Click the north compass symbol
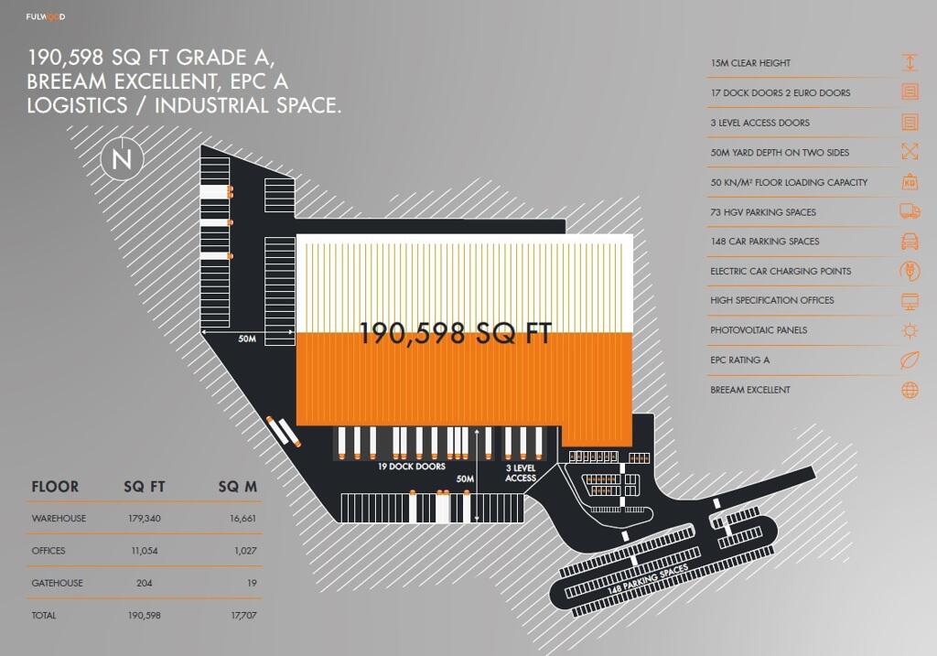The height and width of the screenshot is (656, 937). pos(122,158)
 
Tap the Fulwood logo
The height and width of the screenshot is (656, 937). pos(46,16)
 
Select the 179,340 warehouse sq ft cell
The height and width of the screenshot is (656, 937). pos(144,518)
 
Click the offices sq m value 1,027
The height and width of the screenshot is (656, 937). pos(245,550)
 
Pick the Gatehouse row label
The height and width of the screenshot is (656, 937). pos(58,583)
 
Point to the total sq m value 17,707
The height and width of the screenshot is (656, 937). pos(243,615)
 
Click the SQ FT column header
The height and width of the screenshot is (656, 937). pos(144,487)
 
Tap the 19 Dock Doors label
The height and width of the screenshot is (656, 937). pos(412,466)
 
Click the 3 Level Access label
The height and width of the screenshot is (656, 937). pos(521,473)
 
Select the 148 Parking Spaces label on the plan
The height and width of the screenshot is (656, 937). pos(649,578)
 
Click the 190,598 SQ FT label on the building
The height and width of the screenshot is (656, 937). pos(456,333)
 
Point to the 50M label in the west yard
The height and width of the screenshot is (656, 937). pos(247,339)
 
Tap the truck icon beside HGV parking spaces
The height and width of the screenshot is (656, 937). pos(910,211)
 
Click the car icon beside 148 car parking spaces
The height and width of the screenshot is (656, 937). pos(910,241)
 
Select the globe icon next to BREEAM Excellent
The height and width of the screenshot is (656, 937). pos(910,390)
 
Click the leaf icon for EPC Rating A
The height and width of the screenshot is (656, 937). pos(910,360)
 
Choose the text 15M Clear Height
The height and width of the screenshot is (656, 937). pos(750,63)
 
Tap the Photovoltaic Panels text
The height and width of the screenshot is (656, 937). pos(759,329)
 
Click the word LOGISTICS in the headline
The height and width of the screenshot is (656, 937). pos(77,105)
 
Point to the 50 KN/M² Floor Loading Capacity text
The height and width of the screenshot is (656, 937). pos(789,182)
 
